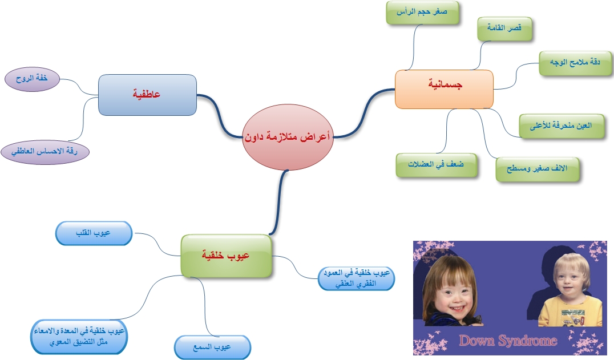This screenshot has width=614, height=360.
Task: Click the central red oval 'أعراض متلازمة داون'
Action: (x=288, y=137)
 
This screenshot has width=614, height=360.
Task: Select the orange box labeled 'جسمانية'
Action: (x=444, y=89)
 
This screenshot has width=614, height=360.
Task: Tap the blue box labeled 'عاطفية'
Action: (x=147, y=94)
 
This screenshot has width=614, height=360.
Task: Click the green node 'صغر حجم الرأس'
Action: (x=423, y=13)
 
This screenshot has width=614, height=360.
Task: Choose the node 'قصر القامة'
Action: (x=505, y=28)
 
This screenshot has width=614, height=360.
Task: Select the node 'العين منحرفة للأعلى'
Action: (x=562, y=126)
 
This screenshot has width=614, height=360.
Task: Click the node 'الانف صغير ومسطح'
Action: (x=538, y=169)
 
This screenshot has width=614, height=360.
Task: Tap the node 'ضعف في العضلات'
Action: (x=436, y=165)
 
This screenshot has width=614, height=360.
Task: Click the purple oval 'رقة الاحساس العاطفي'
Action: (x=45, y=152)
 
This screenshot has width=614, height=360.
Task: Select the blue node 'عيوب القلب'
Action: (x=94, y=233)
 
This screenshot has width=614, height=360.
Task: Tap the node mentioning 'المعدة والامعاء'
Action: (x=79, y=337)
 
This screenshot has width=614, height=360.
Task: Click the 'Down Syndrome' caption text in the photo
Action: (x=507, y=341)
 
